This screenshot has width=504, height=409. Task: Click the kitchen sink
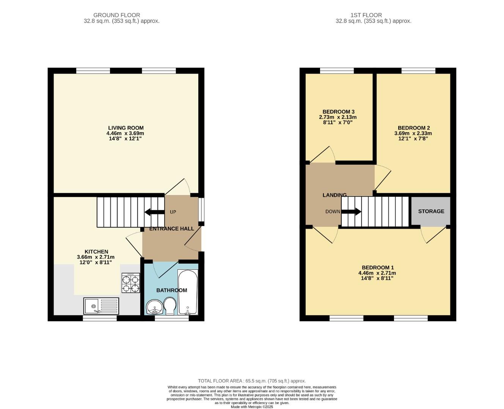(x=101, y=306)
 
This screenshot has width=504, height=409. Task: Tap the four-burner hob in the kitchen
(x=130, y=283)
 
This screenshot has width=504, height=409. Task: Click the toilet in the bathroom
(x=170, y=306)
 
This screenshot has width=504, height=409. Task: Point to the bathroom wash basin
(x=154, y=307)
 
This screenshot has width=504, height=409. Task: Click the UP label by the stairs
(x=173, y=212)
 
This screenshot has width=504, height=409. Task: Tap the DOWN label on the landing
(x=333, y=212)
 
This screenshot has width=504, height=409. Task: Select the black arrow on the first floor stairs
(x=352, y=212)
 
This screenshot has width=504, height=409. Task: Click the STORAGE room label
(x=431, y=211)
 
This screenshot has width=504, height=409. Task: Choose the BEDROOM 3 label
(x=338, y=112)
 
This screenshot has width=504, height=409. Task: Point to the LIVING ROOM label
(x=126, y=128)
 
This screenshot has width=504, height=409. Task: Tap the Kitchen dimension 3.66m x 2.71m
(x=96, y=257)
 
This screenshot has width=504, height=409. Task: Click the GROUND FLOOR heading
(x=117, y=15)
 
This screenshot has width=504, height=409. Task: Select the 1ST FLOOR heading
(x=366, y=15)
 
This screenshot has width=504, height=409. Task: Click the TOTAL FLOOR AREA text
(x=252, y=381)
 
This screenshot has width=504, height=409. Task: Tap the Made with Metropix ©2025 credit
(x=252, y=407)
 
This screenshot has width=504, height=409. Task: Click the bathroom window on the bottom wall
(x=172, y=319)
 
